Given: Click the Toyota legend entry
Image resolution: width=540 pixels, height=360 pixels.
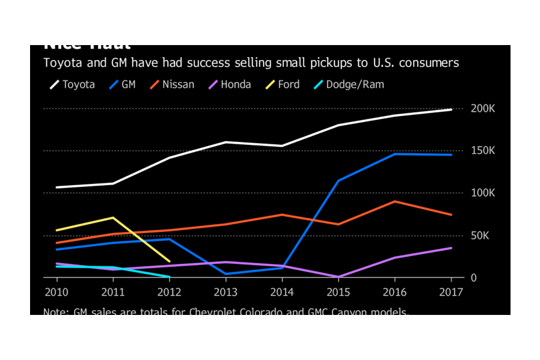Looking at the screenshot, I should pyautogui.click(x=72, y=85).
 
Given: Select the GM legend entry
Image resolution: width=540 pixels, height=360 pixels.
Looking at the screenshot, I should pyautogui.click(x=123, y=85).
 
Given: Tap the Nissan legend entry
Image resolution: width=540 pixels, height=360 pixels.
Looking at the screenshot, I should pyautogui.click(x=172, y=85).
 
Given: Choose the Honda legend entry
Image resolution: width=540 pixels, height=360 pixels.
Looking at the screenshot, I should pyautogui.click(x=230, y=85).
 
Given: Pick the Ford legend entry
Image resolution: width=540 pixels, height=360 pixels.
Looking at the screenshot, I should pyautogui.click(x=283, y=85).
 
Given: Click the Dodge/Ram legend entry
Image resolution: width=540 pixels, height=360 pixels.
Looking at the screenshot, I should pyautogui.click(x=349, y=85).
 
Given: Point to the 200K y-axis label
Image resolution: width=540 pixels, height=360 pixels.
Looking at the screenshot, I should pyautogui.click(x=482, y=109).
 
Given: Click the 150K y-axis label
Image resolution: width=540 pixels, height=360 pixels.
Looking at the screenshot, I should pyautogui.click(x=482, y=151).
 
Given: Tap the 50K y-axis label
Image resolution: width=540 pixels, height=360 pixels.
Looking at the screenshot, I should pyautogui.click(x=480, y=236).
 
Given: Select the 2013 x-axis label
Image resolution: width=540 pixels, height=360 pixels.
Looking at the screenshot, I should pyautogui.click(x=226, y=292).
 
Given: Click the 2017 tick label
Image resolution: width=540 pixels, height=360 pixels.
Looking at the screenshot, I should pyautogui.click(x=451, y=292).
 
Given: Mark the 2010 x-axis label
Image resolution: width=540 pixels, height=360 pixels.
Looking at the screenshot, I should pyautogui.click(x=57, y=292).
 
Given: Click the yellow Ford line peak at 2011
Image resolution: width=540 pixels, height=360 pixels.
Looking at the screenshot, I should pyautogui.click(x=113, y=218).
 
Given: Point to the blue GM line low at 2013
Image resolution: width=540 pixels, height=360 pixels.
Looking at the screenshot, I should pyautogui.click(x=226, y=273).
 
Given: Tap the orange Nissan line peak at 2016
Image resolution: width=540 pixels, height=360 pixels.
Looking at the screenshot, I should pyautogui.click(x=394, y=201).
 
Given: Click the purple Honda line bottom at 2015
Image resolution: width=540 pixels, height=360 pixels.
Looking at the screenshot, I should pyautogui.click(x=338, y=277).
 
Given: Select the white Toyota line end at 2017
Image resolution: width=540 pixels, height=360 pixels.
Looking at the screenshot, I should pyautogui.click(x=451, y=109).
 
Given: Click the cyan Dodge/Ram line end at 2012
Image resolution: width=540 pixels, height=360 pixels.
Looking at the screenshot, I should pyautogui.click(x=169, y=277).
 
